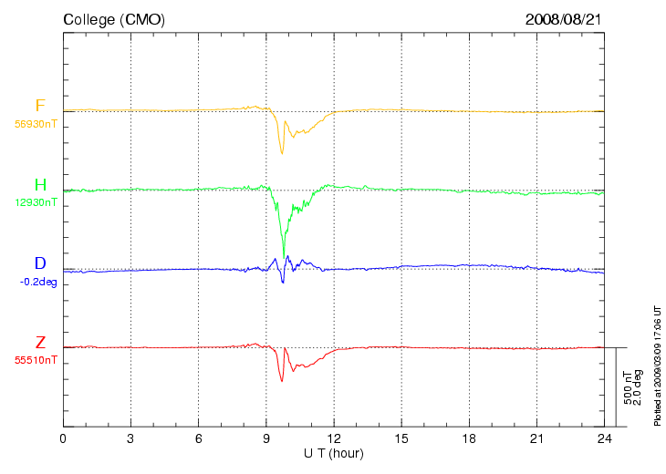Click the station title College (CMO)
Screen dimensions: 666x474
click(114, 20)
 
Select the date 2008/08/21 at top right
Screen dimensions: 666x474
click(564, 19)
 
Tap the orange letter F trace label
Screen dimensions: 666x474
click(40, 105)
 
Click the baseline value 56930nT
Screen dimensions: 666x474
click(36, 124)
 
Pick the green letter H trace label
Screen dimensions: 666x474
click(40, 185)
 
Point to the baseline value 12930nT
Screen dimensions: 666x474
click(36, 202)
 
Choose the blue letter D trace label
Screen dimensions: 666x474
click(40, 263)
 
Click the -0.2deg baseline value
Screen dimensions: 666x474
click(38, 282)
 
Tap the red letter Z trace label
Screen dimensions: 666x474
click(40, 342)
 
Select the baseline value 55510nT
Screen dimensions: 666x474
click(36, 360)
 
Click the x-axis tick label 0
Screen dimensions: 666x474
click(63, 438)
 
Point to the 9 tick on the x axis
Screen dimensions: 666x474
click(266, 438)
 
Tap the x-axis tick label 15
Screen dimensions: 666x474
click(401, 438)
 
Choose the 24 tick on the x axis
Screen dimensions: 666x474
click(604, 438)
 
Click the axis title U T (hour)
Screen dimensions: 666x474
click(334, 454)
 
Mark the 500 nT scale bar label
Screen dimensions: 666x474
click(628, 387)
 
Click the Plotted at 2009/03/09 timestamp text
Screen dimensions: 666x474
click(658, 366)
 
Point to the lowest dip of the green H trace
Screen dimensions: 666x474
click(284, 257)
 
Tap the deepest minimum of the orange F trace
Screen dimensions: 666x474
click(282, 153)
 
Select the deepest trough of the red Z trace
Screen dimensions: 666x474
click(282, 381)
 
